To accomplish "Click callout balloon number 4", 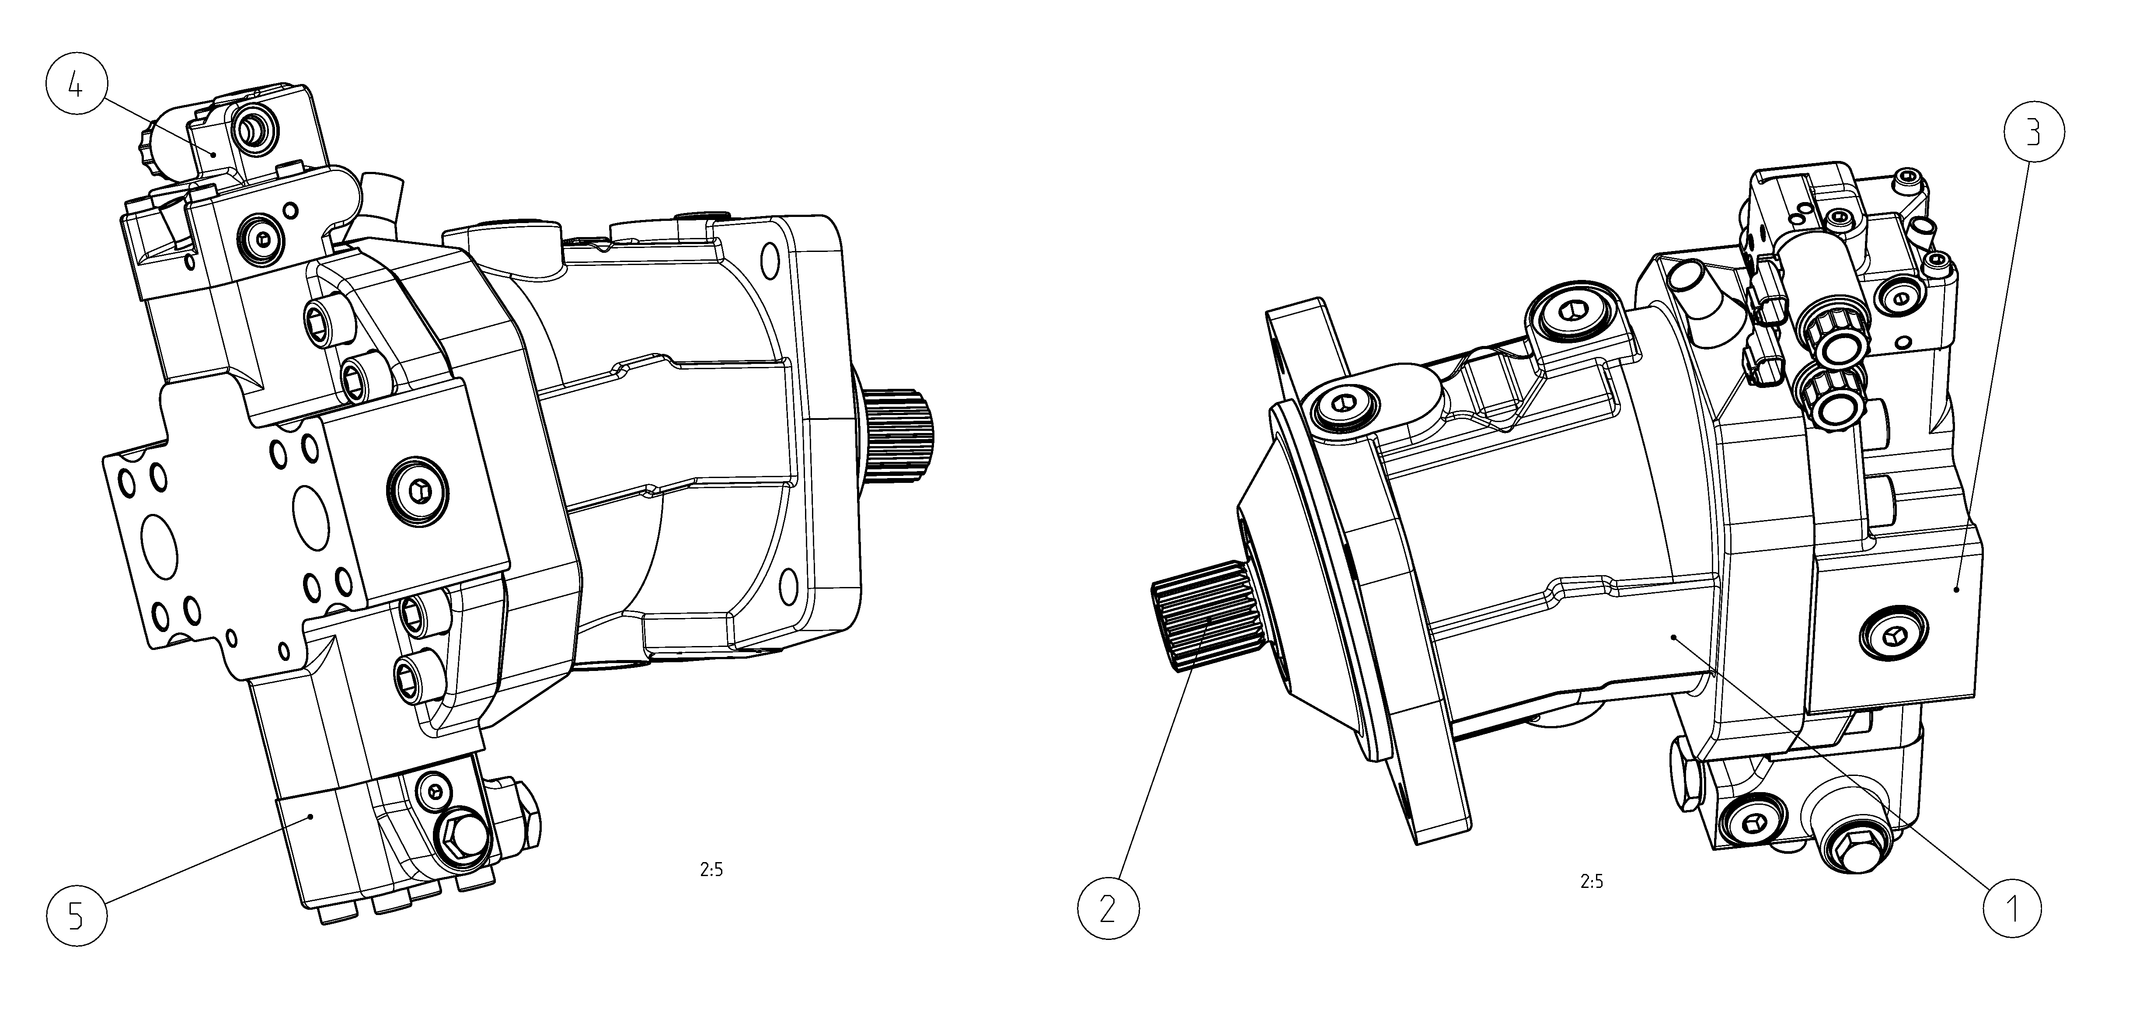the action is tap(76, 87).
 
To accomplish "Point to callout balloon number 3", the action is tap(2033, 133).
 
